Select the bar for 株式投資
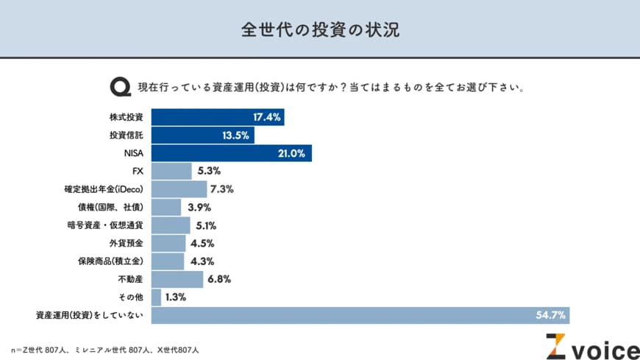[x=217, y=117]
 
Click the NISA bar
[x=231, y=153]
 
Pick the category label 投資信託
[x=126, y=135]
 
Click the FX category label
[x=137, y=171]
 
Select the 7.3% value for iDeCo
[x=221, y=189]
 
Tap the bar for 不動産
[x=177, y=279]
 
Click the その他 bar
[x=156, y=297]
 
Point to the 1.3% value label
[x=176, y=297]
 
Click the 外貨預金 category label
[x=126, y=243]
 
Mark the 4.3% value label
[x=199, y=261]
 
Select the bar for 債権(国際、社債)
[x=166, y=207]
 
